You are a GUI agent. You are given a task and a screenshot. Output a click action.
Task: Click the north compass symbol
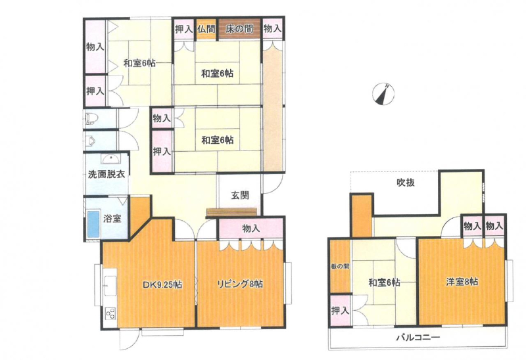coord(383,93)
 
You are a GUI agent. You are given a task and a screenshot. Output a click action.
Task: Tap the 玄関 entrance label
coord(240,195)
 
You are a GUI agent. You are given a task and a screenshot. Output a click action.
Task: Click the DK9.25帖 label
coord(162,284)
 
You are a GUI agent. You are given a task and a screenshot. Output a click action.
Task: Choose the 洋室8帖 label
coord(462,282)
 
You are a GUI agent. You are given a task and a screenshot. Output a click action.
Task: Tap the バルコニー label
coord(418,337)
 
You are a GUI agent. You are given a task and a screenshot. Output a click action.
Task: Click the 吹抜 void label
coord(406,183)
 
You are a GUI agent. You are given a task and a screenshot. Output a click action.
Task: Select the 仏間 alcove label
coord(206,29)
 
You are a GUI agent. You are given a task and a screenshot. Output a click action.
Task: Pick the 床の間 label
coord(239,29)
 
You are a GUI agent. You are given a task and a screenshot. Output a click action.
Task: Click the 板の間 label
coord(340,267)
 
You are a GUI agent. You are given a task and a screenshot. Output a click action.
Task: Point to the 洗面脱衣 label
coord(107,174)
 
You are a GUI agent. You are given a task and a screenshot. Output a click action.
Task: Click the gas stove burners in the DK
coord(110,313)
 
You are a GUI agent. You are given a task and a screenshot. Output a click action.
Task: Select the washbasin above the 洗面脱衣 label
coord(110,159)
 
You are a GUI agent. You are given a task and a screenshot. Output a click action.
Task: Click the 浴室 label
coord(112,219)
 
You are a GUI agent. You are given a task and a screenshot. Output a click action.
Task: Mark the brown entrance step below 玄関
coord(231,212)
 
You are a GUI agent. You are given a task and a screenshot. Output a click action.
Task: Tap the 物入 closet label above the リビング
coord(251,229)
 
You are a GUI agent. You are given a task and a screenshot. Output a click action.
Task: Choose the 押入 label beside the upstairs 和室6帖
coord(340,310)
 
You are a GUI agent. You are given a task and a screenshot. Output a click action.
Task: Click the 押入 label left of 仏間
coord(183,29)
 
